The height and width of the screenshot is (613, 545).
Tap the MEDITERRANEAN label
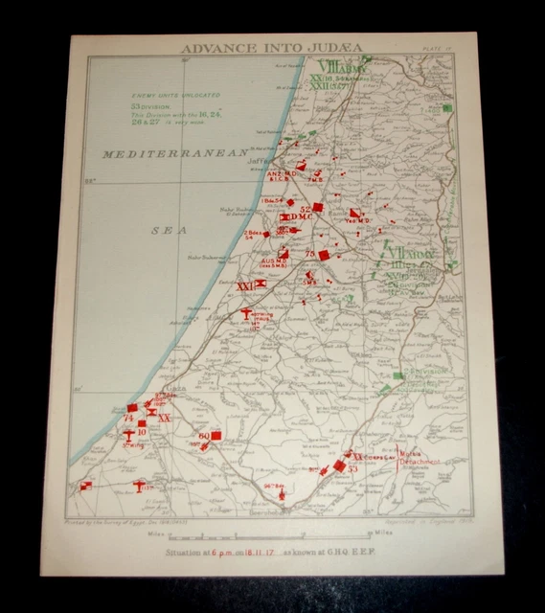point(177,153)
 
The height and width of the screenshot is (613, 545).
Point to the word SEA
point(167,231)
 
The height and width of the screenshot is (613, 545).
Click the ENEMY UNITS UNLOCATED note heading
point(171,96)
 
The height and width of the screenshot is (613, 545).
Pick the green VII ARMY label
point(410,256)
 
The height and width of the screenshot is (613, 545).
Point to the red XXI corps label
point(244,285)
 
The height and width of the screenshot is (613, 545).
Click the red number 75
point(310,253)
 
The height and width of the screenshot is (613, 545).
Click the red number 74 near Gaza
point(127,419)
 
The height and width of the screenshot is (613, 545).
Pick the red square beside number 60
point(216,436)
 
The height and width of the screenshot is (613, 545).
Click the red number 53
point(352,469)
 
